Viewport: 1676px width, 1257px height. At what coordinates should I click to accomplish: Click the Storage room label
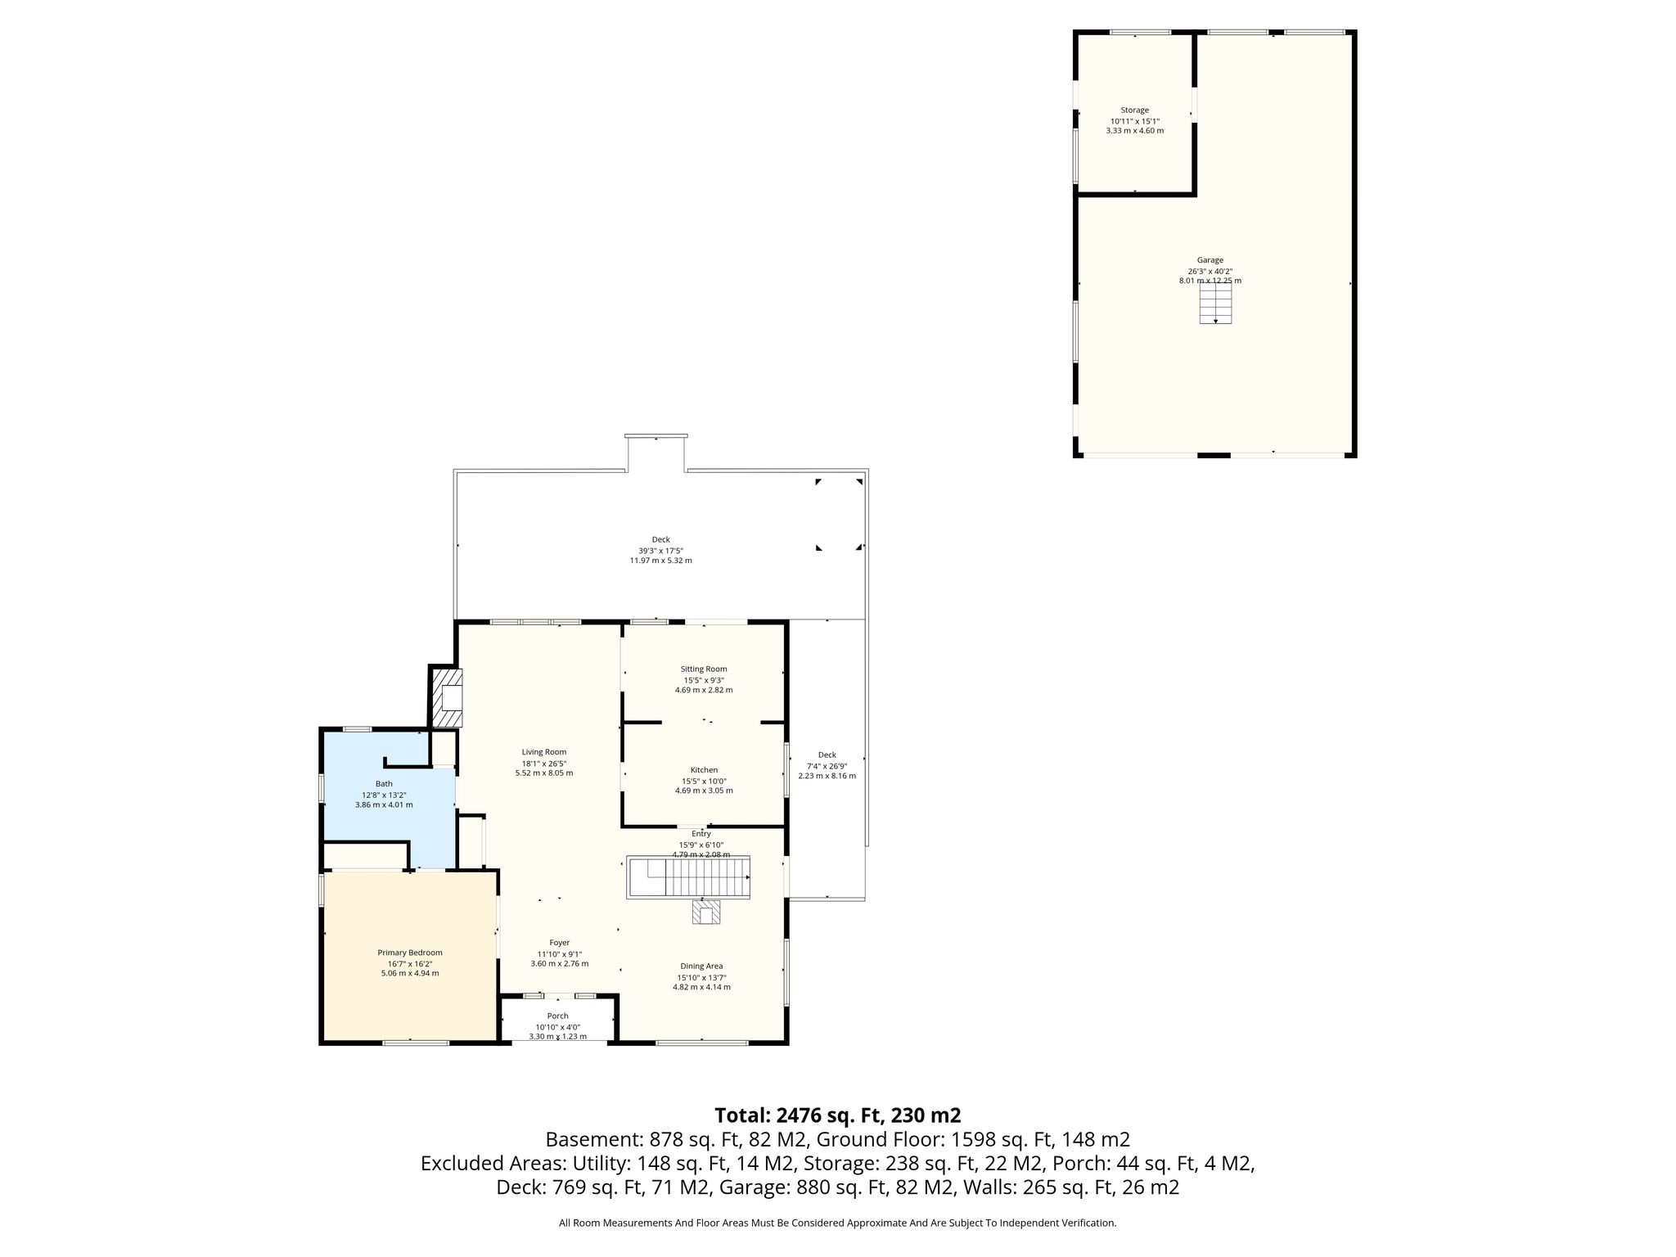tap(1134, 110)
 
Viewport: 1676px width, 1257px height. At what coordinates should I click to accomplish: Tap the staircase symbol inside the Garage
tap(1215, 304)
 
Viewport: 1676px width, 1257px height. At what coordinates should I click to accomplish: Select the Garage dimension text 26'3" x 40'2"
tap(1210, 271)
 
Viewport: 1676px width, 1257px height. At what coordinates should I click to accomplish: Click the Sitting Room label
tap(704, 669)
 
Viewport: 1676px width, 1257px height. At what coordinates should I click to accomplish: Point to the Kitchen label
tap(704, 770)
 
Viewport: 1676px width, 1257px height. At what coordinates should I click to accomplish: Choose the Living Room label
tap(544, 752)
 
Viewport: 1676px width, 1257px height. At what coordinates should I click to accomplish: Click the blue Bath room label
tap(384, 784)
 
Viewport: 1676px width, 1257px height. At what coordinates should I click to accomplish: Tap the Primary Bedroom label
tap(410, 953)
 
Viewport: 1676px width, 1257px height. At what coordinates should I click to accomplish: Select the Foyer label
tap(560, 943)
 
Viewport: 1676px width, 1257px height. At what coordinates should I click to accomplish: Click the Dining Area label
tap(701, 966)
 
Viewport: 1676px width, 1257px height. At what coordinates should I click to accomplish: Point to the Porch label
tap(557, 1016)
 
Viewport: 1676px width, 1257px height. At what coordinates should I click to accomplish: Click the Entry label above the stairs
tap(701, 834)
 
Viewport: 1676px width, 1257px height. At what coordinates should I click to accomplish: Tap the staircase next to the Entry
tap(688, 878)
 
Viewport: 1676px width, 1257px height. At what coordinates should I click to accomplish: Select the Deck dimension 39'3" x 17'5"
tap(660, 550)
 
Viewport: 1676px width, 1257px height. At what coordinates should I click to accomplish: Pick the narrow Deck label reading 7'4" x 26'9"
tap(827, 765)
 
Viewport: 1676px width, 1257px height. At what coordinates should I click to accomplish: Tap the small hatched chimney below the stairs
tap(707, 912)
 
